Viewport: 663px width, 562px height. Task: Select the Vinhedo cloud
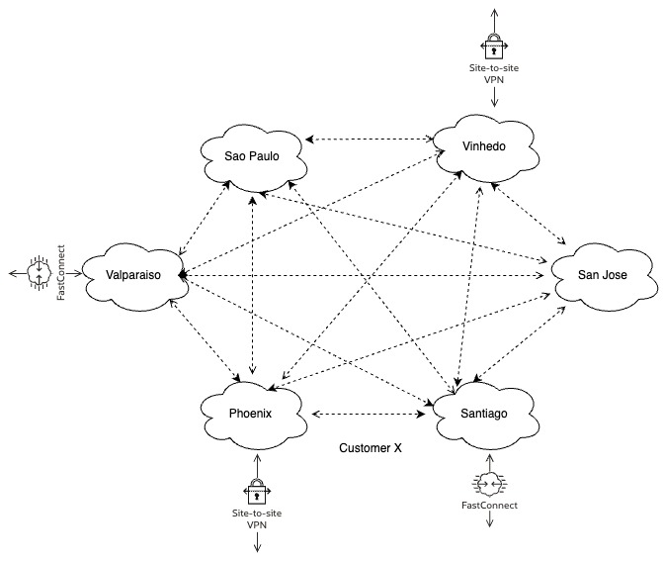point(484,146)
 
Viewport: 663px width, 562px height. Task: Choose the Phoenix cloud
point(249,413)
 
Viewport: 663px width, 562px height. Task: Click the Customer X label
point(371,448)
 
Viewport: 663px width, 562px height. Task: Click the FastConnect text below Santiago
point(490,506)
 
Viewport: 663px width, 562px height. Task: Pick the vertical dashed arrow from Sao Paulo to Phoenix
point(255,287)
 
